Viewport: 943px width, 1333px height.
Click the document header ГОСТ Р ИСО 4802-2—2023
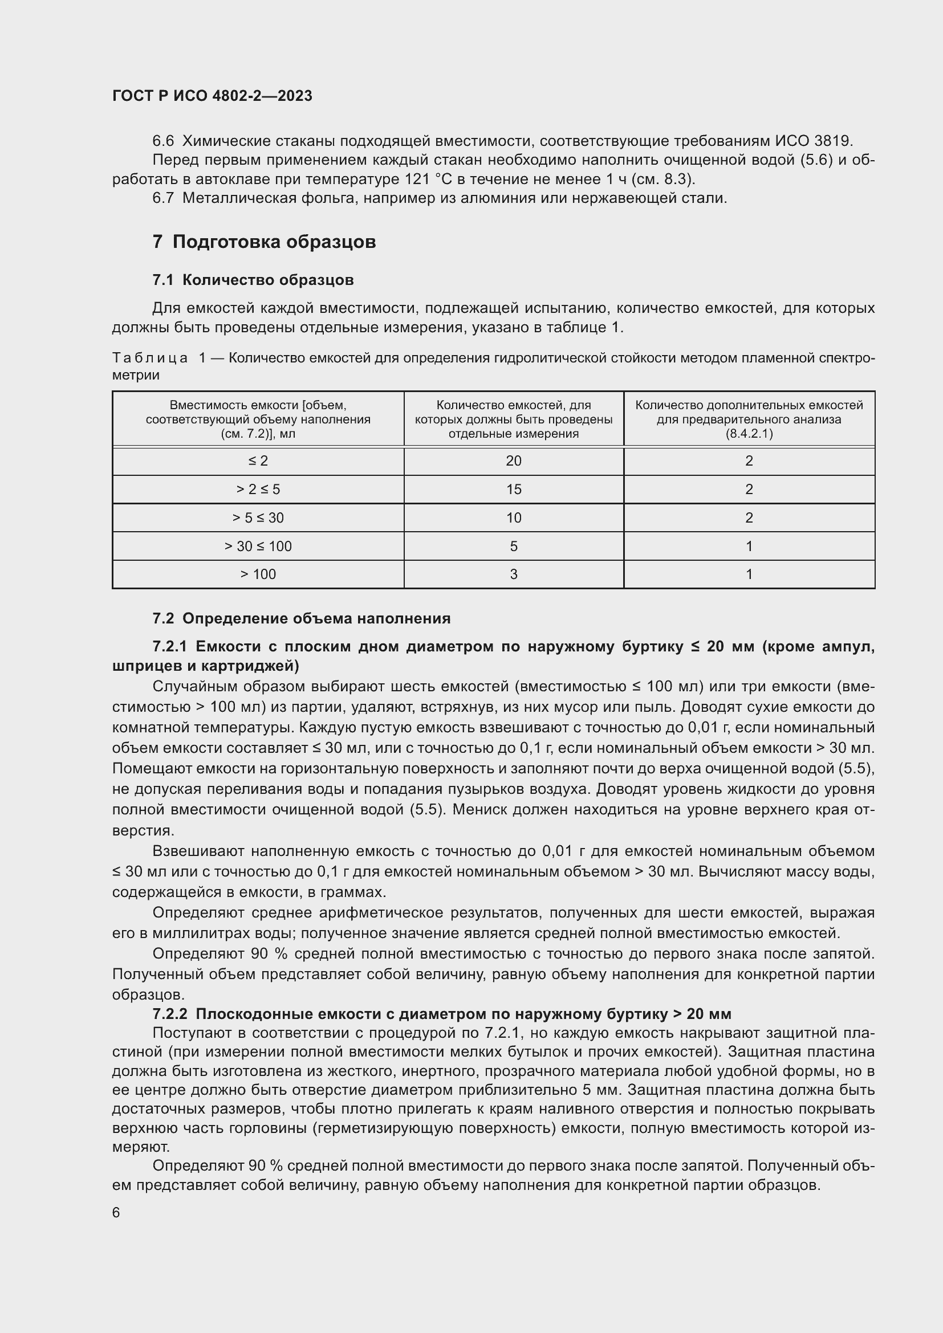tap(212, 96)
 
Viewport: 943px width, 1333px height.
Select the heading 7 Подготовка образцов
tap(264, 242)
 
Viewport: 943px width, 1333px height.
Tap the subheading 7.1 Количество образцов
tap(253, 280)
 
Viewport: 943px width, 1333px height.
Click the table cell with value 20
tap(513, 461)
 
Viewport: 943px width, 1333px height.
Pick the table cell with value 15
tap(513, 490)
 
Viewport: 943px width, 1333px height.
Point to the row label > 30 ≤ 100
tap(258, 547)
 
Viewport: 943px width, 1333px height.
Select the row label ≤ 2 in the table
tap(258, 461)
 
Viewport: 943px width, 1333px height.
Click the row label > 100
tap(258, 574)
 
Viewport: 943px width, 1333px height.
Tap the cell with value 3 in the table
tap(513, 574)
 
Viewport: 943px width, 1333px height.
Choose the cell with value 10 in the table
tap(513, 518)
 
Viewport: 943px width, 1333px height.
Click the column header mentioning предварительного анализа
tap(749, 419)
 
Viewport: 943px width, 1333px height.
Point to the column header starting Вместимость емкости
tap(258, 419)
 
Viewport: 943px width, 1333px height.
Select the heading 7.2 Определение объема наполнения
tap(302, 618)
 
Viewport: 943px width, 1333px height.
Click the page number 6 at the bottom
tap(116, 1213)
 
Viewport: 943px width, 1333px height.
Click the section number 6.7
tap(163, 198)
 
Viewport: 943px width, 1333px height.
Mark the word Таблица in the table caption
tap(150, 358)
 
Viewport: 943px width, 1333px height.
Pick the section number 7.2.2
tap(170, 1014)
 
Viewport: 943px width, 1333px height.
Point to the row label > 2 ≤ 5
tap(258, 490)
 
